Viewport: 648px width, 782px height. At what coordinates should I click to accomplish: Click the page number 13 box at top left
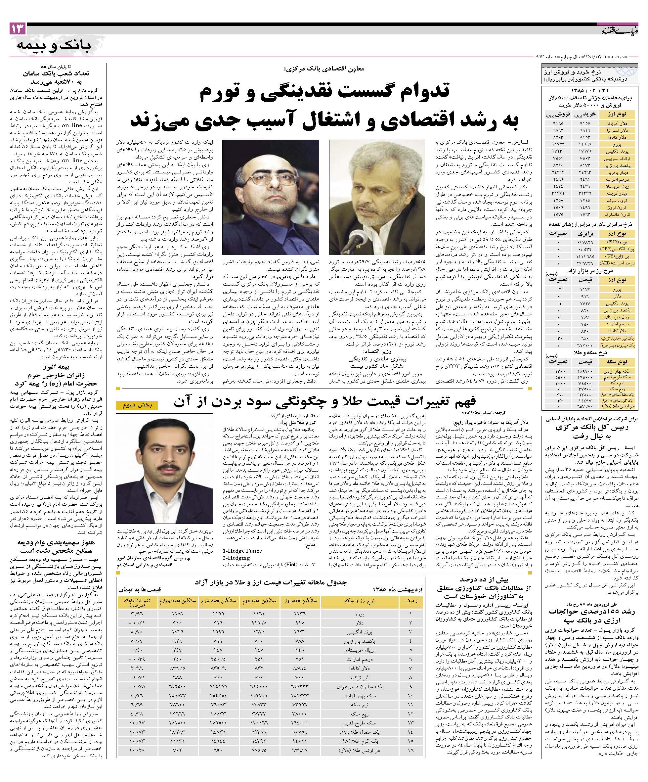point(18,29)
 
